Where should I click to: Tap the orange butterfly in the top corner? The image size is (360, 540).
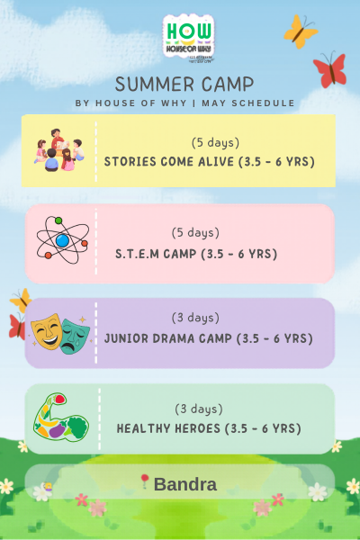point(301,31)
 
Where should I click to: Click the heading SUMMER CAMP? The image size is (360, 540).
point(184,85)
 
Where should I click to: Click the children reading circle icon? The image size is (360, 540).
point(58,149)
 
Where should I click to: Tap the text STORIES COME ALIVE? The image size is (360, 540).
point(176,162)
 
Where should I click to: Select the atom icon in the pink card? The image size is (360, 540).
point(61,240)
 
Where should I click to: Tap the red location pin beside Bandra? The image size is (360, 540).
point(144,482)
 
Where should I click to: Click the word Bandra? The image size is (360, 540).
point(185,484)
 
